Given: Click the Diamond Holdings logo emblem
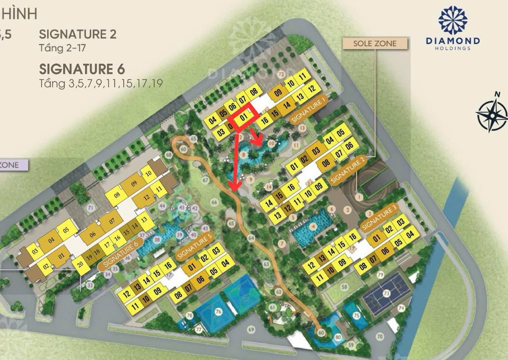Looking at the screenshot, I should coord(452,20).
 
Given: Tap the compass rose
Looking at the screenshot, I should coord(492,114).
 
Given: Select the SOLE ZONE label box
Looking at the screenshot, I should coord(375,43).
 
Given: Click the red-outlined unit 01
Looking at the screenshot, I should coord(244,117).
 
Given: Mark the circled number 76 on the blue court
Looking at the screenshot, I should coord(218,311).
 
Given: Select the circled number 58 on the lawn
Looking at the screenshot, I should coord(344,286).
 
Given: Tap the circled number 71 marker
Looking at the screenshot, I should coord(91,207).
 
